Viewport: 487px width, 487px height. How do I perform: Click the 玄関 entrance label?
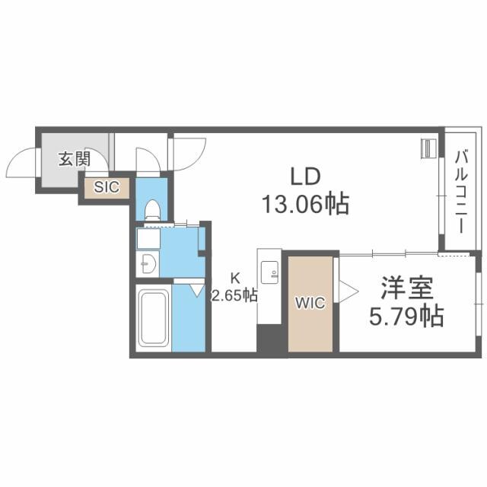click(x=75, y=159)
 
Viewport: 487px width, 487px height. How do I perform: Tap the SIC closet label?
click(x=107, y=187)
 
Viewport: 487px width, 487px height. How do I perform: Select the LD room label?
click(x=305, y=176)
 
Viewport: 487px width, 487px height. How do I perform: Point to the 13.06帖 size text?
click(x=306, y=204)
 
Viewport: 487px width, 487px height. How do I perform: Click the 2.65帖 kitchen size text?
click(x=234, y=295)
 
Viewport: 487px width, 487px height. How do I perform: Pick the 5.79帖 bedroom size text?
click(x=406, y=317)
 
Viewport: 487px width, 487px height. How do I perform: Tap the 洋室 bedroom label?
click(x=407, y=288)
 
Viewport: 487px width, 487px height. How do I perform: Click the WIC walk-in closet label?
click(x=310, y=303)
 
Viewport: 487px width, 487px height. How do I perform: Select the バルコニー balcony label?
click(x=461, y=192)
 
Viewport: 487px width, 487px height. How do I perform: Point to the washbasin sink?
click(x=148, y=264)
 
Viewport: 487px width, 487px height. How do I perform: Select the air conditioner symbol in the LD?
click(x=428, y=148)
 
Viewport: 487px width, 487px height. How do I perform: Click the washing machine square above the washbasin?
click(x=148, y=239)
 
